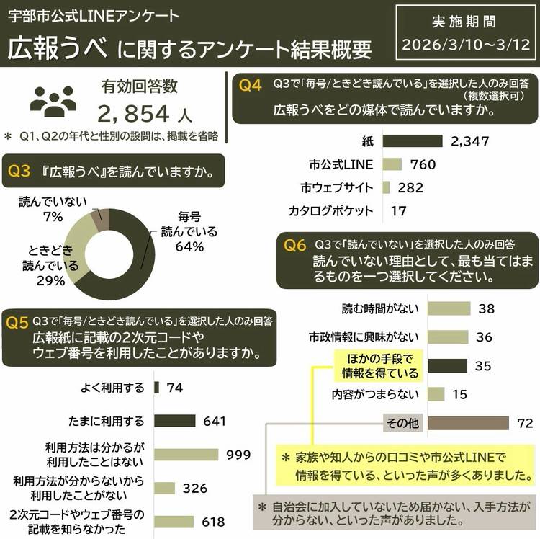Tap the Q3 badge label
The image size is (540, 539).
pyautogui.click(x=19, y=171)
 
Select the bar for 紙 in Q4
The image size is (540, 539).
pyautogui.click(x=413, y=141)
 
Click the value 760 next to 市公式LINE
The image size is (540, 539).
pyautogui.click(x=423, y=164)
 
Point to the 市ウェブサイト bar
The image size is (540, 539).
pyautogui.click(x=387, y=187)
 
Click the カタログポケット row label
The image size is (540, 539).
pyautogui.click(x=330, y=210)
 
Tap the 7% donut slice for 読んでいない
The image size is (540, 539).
pyautogui.click(x=102, y=220)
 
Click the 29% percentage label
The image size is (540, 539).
pyautogui.click(x=50, y=280)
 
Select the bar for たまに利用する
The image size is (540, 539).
pyautogui.click(x=175, y=421)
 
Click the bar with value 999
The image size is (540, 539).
pyautogui.click(x=186, y=455)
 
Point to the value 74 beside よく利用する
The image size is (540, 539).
pyautogui.click(x=174, y=388)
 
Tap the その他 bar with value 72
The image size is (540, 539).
pyautogui.click(x=469, y=423)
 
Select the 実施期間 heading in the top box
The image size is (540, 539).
pyautogui.click(x=464, y=22)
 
